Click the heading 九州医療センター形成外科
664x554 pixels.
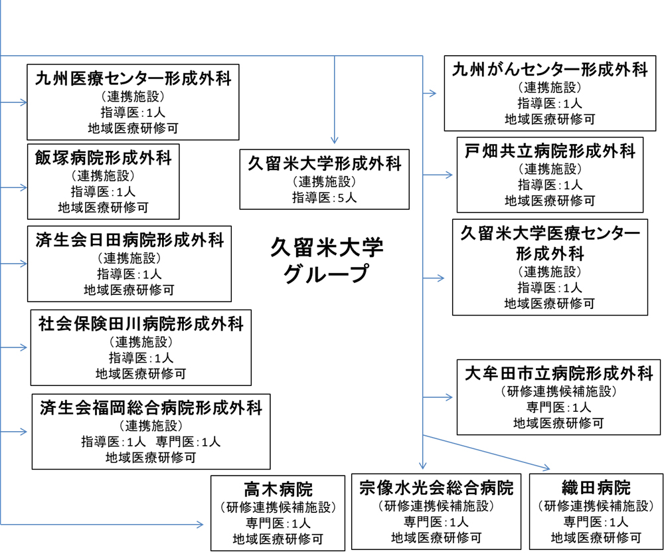tap(133, 79)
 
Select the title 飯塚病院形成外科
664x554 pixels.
tap(104, 158)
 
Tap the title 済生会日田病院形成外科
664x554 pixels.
tap(129, 240)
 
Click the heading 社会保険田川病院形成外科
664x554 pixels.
tap(141, 324)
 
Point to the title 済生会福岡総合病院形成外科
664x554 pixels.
tap(151, 408)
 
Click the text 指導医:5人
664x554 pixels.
tap(325, 197)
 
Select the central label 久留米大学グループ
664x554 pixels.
tap(327, 260)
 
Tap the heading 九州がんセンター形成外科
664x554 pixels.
tap(550, 70)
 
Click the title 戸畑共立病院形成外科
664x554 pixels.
tap(550, 151)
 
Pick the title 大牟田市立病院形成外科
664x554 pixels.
tap(558, 373)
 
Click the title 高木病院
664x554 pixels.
tap(278, 490)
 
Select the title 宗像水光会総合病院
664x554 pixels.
tap(436, 488)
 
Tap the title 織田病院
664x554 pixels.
tap(596, 488)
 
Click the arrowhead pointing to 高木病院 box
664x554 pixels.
tap(201, 524)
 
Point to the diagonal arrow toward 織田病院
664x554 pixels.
tap(486, 452)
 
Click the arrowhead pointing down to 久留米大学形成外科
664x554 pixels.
tap(335, 139)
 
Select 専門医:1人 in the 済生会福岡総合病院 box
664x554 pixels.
tap(188, 442)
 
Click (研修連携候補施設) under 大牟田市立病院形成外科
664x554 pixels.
tap(558, 391)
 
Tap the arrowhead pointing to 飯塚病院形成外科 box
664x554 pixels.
tap(24, 187)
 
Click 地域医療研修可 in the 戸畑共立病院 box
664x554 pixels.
tap(550, 201)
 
